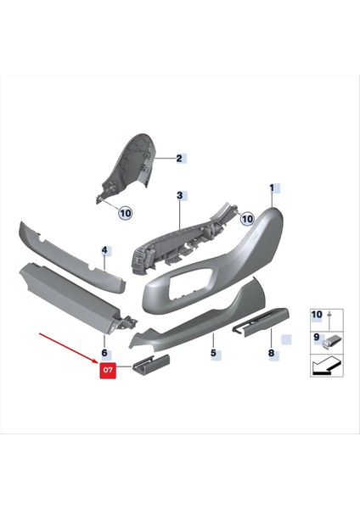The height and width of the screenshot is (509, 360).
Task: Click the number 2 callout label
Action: tap(180, 158)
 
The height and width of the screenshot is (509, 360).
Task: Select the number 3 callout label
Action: tap(180, 195)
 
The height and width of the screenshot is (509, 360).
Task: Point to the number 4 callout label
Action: tap(104, 250)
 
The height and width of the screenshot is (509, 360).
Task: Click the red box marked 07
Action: tap(109, 371)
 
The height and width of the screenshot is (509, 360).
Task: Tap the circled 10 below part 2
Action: tap(125, 213)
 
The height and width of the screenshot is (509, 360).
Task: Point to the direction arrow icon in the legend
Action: tap(324, 366)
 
